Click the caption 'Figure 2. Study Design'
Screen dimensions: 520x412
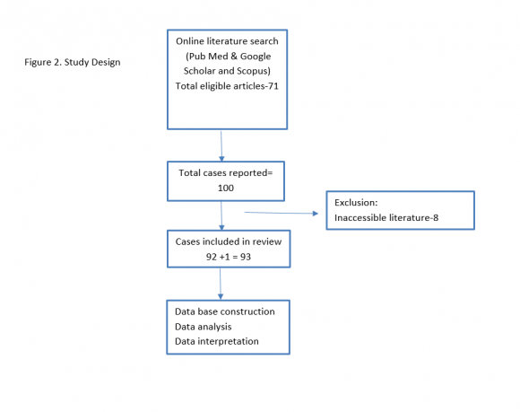tap(73, 62)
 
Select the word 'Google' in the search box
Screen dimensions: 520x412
tap(256, 57)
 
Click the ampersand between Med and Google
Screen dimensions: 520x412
tap(234, 57)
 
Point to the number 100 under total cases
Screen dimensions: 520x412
tap(226, 188)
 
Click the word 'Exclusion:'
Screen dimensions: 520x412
tap(356, 203)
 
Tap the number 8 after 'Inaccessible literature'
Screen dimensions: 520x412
tap(436, 218)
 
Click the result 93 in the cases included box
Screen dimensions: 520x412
tap(246, 257)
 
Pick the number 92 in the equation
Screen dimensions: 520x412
tap(212, 257)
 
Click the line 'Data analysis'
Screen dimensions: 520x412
tap(203, 327)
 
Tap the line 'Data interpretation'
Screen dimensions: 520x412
tap(217, 341)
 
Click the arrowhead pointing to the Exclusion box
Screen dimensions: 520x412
tap(316, 214)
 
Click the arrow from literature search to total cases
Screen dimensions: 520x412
tap(221, 146)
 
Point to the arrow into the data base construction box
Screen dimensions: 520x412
tap(221, 284)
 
